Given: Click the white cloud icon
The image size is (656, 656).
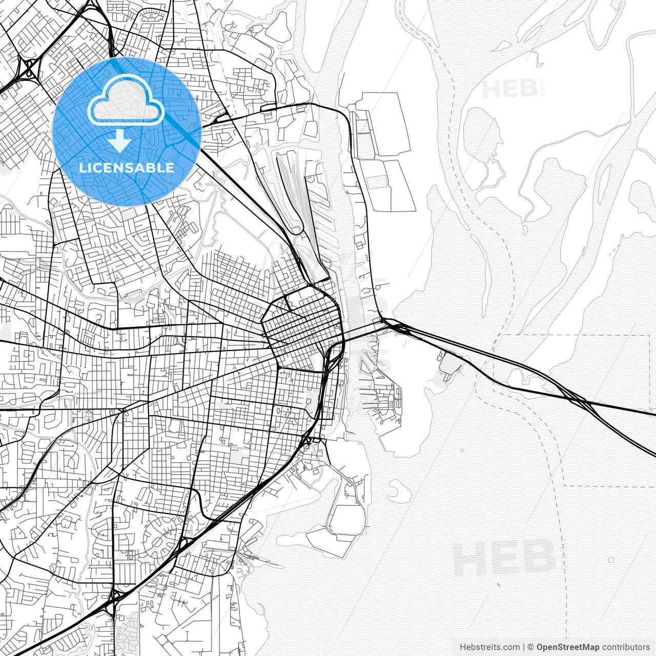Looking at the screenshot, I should coord(126,102).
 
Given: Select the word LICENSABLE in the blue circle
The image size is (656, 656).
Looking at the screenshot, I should coord(127,168).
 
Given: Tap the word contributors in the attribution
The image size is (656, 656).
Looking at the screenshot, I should coord(626,647).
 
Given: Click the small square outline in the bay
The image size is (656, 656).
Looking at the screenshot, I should coord(611,560).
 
